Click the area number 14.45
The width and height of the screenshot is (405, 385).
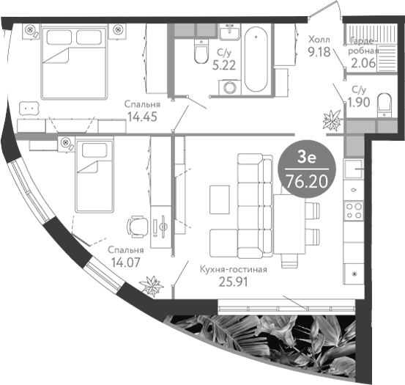point(142,117)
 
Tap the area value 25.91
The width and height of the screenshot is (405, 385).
point(233,282)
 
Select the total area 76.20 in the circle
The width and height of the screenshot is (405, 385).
point(307,182)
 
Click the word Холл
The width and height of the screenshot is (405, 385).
point(319,40)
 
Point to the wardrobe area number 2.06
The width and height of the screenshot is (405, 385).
point(363,63)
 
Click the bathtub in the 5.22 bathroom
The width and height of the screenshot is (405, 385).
point(256,59)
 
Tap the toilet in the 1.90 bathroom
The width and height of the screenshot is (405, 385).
point(384,106)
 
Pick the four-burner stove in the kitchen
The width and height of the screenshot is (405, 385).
point(354,210)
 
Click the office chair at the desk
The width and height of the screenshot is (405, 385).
point(137,227)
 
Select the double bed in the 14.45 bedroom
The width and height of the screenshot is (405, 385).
point(74,63)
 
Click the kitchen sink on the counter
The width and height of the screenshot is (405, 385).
point(354,169)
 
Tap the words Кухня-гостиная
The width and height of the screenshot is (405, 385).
point(234,269)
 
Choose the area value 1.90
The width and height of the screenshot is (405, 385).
point(359,103)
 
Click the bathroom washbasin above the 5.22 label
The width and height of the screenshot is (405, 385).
point(230,32)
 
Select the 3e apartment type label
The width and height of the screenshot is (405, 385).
point(307,157)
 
